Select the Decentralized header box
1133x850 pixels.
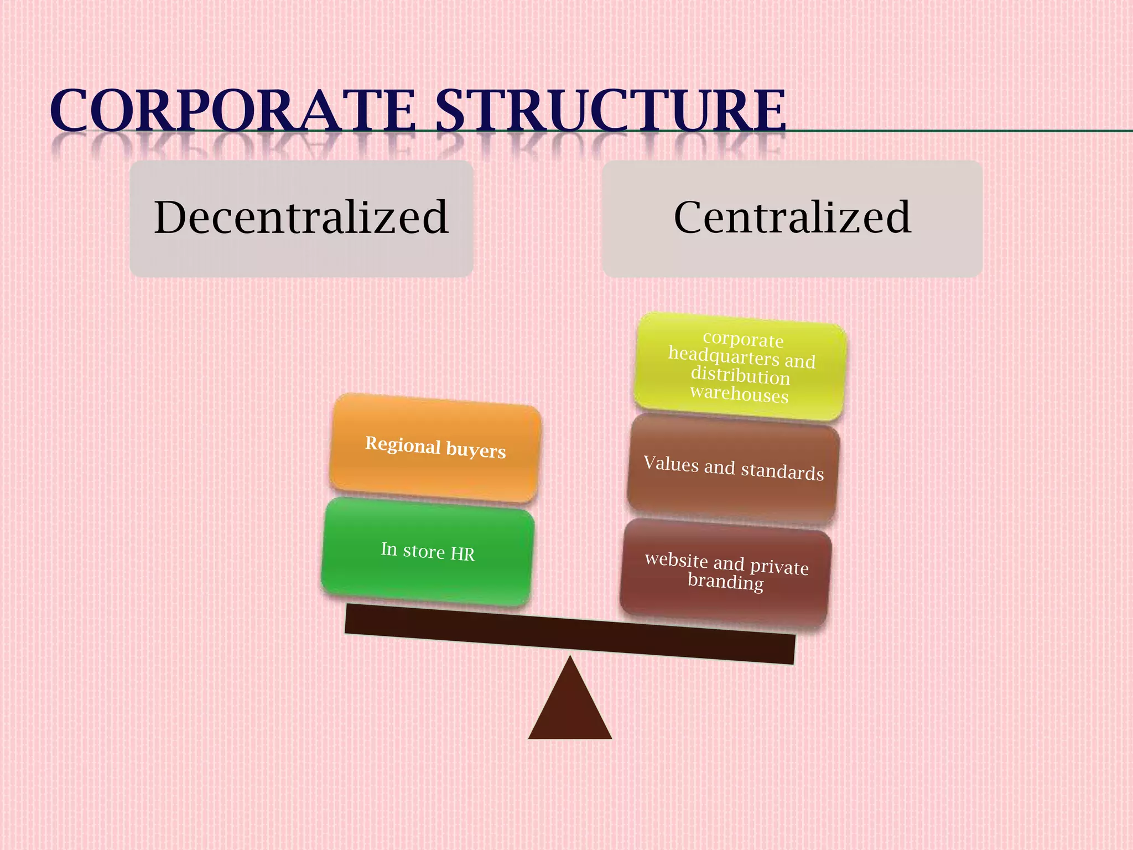[301, 219]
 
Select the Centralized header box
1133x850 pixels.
[792, 219]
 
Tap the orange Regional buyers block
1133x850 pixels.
[435, 448]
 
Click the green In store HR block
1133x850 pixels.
[427, 551]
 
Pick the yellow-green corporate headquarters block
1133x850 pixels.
[740, 366]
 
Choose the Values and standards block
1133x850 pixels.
[733, 469]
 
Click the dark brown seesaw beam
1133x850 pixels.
[570, 634]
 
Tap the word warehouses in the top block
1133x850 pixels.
[739, 393]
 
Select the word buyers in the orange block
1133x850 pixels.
[476, 450]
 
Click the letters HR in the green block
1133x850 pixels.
[462, 554]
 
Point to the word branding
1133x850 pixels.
[725, 582]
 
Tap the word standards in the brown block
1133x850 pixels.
[782, 471]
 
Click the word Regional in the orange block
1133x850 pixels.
[403, 445]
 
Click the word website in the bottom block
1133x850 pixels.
[676, 559]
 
